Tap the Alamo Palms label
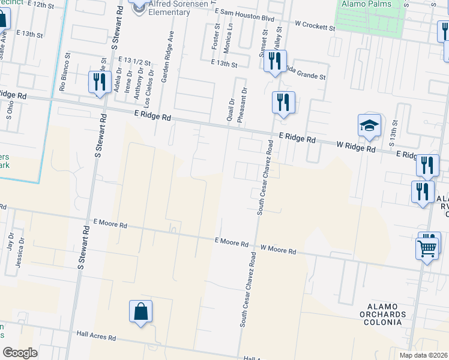[366, 4]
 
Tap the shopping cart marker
[427, 247]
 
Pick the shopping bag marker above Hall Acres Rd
[140, 312]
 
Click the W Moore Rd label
[278, 248]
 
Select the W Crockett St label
[315, 27]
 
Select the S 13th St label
[392, 139]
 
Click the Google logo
[20, 353]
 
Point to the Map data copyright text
[423, 355]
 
